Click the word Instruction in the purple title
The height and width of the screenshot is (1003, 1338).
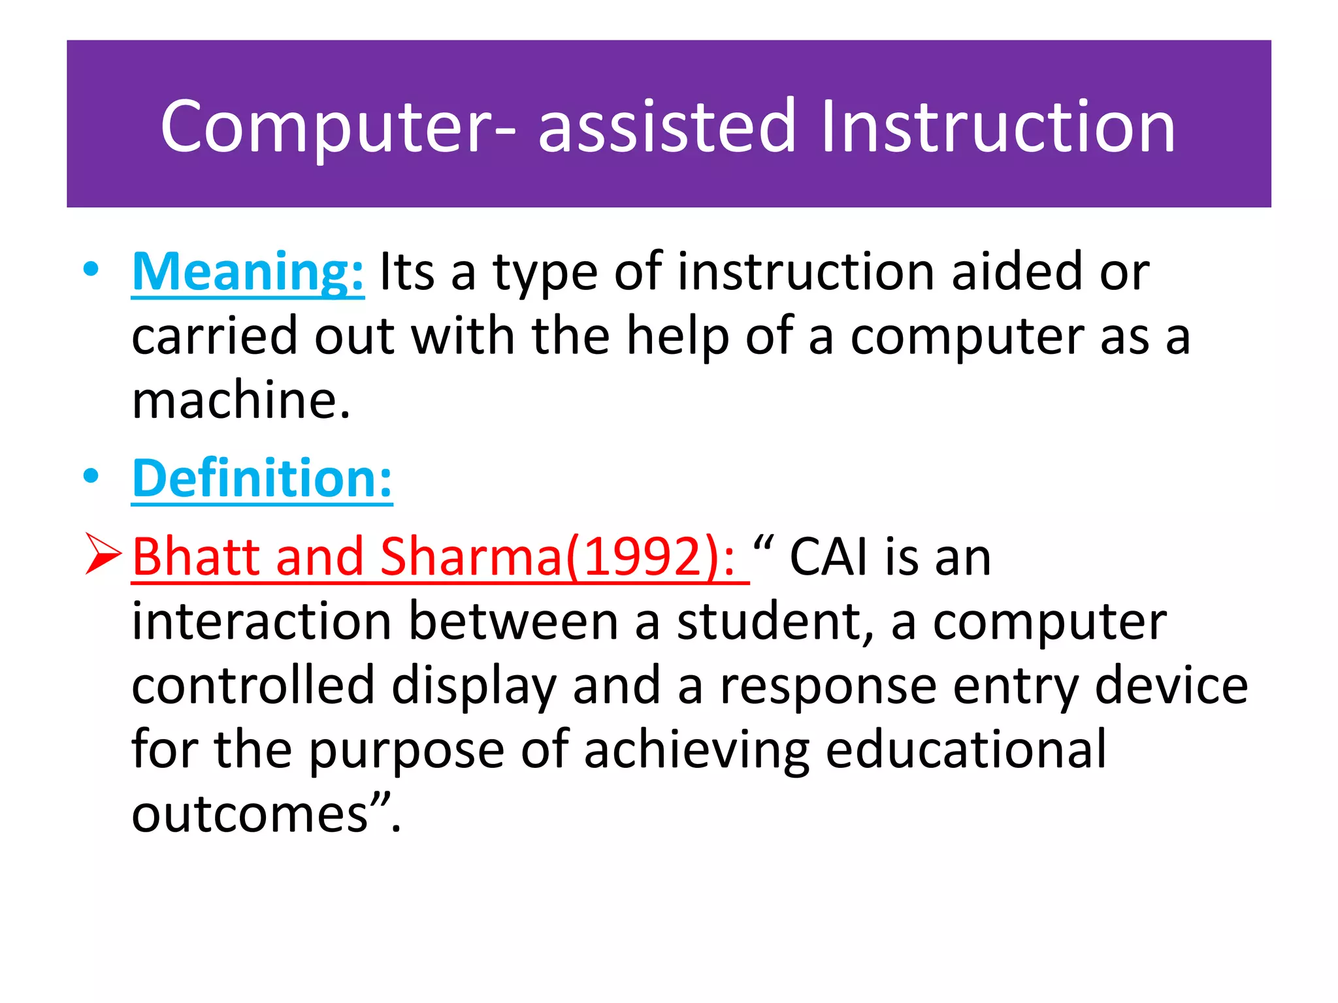point(998,127)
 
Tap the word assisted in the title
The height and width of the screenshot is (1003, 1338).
point(666,127)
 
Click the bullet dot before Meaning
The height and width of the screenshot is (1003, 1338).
point(91,270)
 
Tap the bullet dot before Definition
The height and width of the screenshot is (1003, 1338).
point(91,477)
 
